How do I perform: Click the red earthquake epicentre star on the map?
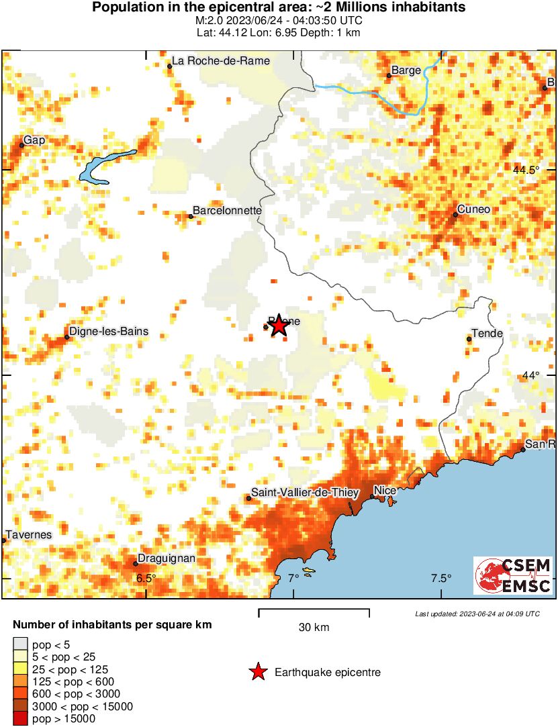pos(278,326)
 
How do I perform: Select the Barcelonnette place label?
pos(227,210)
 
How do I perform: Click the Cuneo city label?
pos(473,209)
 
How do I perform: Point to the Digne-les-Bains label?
pos(109,332)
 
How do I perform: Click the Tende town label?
pos(487,334)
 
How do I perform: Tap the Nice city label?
pos(385,490)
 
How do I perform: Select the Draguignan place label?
pos(167,559)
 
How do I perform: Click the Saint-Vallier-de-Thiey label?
pos(301,493)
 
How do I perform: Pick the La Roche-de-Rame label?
pos(221,60)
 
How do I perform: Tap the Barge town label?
pos(406,70)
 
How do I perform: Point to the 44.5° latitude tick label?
pos(526,170)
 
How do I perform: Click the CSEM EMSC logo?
pos(513,575)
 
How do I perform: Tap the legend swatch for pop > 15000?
pos(20,718)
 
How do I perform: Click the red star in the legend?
pos(257,672)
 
